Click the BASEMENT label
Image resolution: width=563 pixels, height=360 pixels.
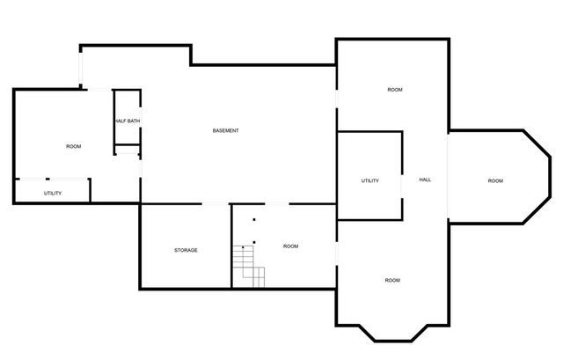click(226, 131)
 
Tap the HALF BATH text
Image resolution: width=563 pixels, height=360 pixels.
click(127, 121)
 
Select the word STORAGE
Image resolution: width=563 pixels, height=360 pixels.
click(186, 250)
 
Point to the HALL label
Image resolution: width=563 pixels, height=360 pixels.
click(425, 180)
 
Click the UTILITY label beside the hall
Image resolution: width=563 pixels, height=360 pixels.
click(369, 181)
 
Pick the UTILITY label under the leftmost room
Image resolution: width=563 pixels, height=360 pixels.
click(53, 193)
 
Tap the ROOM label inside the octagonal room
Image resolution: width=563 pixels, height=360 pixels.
click(495, 181)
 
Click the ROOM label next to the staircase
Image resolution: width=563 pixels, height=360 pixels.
click(290, 246)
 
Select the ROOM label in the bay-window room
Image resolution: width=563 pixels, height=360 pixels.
click(392, 280)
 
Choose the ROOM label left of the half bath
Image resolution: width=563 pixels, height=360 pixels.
click(74, 146)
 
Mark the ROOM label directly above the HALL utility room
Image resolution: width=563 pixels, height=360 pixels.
click(395, 91)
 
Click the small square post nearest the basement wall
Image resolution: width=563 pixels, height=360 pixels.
click(254, 219)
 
